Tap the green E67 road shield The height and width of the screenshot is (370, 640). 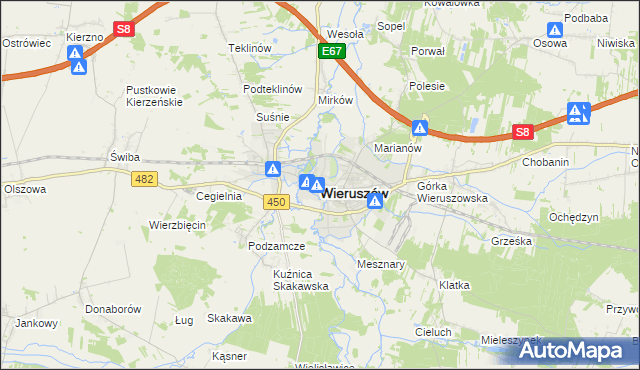333,50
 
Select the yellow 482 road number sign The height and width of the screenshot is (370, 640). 144,177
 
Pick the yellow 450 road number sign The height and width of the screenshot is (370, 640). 277,203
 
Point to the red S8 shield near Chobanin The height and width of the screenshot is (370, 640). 522,131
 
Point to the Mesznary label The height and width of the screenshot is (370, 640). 380,264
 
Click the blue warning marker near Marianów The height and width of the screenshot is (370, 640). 421,128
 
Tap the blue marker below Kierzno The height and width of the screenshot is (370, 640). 78,67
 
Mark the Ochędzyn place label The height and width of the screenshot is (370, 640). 574,217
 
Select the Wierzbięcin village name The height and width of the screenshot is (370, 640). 177,225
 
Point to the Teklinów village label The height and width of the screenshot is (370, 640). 250,48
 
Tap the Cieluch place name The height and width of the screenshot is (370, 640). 433,331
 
